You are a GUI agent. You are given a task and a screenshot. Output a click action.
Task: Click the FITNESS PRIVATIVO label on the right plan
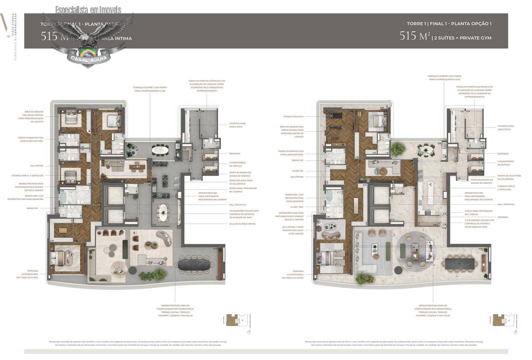click(294, 117)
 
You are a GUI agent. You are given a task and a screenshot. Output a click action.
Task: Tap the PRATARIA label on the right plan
click(502, 217)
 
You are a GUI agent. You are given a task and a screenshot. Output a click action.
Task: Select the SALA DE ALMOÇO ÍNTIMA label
click(242, 224)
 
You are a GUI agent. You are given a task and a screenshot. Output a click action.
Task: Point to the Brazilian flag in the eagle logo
click(88, 53)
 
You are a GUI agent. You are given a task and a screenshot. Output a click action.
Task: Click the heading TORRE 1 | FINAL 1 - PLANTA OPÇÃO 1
click(449, 24)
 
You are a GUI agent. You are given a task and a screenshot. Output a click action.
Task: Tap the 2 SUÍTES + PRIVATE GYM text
click(462, 38)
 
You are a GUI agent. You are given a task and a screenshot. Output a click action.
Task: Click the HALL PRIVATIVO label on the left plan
click(238, 205)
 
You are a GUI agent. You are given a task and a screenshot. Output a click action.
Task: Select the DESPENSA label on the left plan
click(235, 154)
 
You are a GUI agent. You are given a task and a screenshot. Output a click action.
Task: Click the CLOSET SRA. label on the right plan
click(297, 207)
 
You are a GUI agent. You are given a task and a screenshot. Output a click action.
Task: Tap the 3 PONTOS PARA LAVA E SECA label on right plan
click(505, 128)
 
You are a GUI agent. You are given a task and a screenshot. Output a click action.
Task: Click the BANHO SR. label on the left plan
click(32, 208)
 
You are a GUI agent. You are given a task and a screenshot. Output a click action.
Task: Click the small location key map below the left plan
click(238, 320)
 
